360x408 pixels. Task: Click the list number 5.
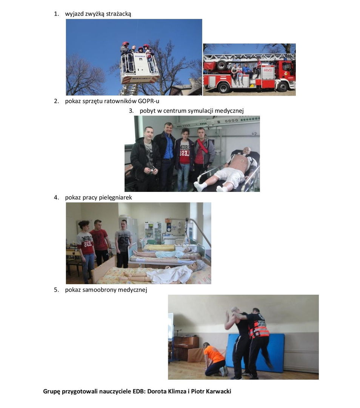tap(56, 290)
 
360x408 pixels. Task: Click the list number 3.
tap(131, 111)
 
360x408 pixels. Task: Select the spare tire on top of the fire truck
tap(222, 65)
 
